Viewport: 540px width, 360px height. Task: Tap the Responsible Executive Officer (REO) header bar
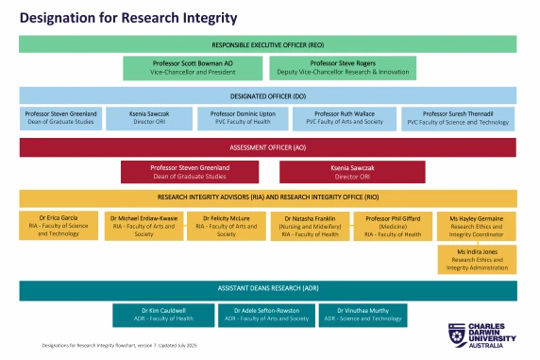pos(268,44)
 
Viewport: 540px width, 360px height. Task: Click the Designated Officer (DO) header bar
pos(268,95)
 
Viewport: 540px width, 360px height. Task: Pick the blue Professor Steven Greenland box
pos(60,118)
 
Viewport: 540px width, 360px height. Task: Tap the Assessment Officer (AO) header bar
pos(268,147)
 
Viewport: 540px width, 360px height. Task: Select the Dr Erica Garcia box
pos(57,225)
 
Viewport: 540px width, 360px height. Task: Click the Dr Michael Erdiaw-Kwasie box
pos(144,225)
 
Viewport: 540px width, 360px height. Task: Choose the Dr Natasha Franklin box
pos(307,225)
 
